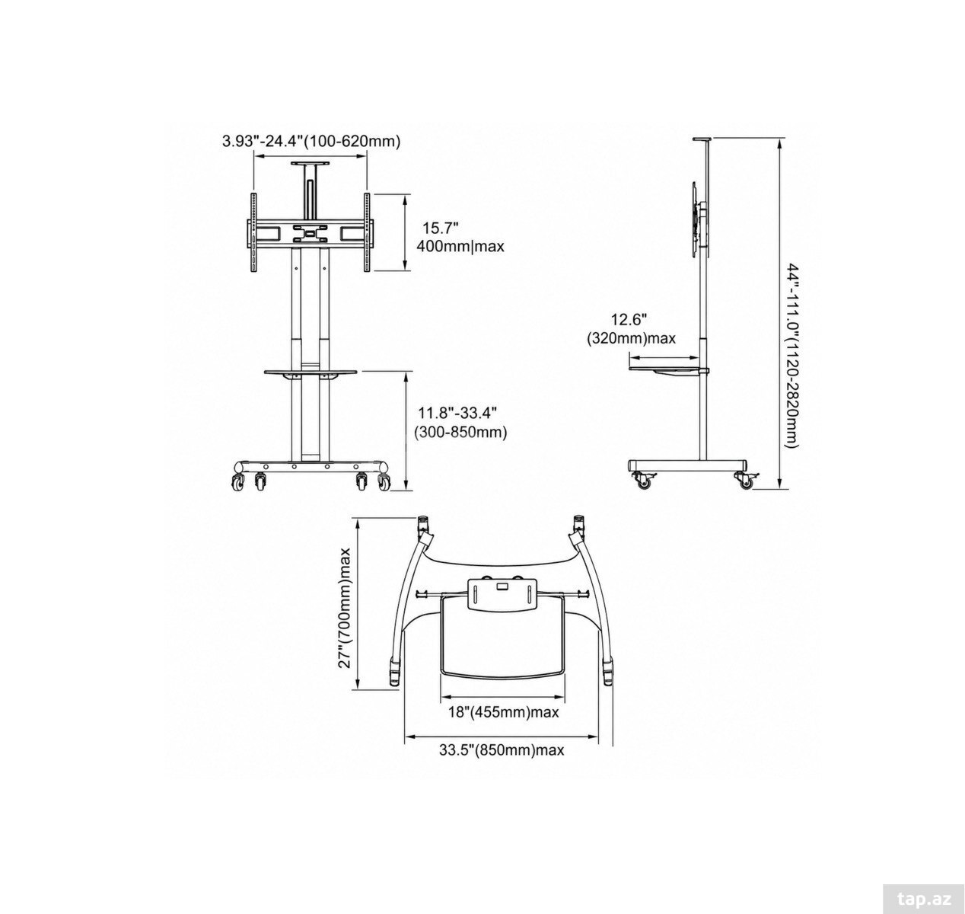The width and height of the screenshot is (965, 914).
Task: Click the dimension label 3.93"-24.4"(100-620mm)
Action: point(311,142)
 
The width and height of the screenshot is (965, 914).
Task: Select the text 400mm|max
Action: point(460,246)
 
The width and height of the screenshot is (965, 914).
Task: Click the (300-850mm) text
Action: point(460,433)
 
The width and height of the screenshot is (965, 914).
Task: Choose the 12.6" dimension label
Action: point(629,320)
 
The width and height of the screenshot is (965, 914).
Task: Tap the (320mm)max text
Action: point(631,339)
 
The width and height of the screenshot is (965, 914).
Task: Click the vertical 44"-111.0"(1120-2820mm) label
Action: point(793,356)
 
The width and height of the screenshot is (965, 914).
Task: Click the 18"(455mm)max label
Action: point(503,712)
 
